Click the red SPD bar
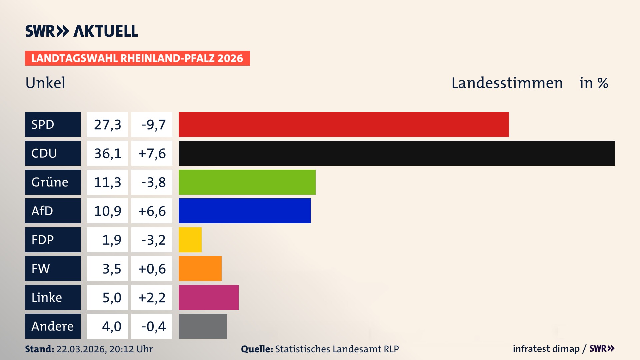pos(343,124)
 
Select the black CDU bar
pos(397,153)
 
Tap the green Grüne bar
pos(247,182)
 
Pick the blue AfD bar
pos(244,211)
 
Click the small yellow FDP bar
pos(190,240)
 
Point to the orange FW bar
pos(200,268)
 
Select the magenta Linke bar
pos(208,297)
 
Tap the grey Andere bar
pos(203,326)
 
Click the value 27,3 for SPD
pos(107,124)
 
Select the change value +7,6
pos(152,153)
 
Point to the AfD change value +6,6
pos(152,211)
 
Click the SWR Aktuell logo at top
pos(81,31)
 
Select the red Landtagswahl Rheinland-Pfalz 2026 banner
pos(137,58)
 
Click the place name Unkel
pos(45,83)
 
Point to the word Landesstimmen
pos(507,83)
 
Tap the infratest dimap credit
pos(546,349)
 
